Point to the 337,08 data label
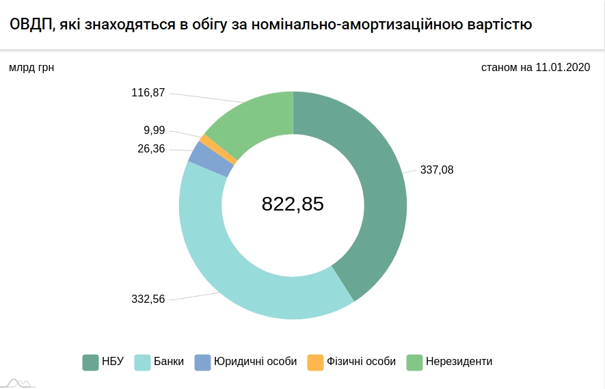(436, 170)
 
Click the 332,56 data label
(148, 299)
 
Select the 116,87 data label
(148, 92)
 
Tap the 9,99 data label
(154, 130)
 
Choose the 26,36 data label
(151, 148)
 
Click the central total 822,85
(293, 204)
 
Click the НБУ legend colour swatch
(90, 362)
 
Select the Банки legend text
(168, 362)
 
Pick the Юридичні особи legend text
(255, 362)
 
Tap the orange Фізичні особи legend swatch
(315, 362)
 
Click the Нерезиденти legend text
(459, 362)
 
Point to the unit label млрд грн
(31, 68)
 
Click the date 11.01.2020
(563, 68)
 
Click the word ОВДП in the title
(29, 25)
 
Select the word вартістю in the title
(495, 25)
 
